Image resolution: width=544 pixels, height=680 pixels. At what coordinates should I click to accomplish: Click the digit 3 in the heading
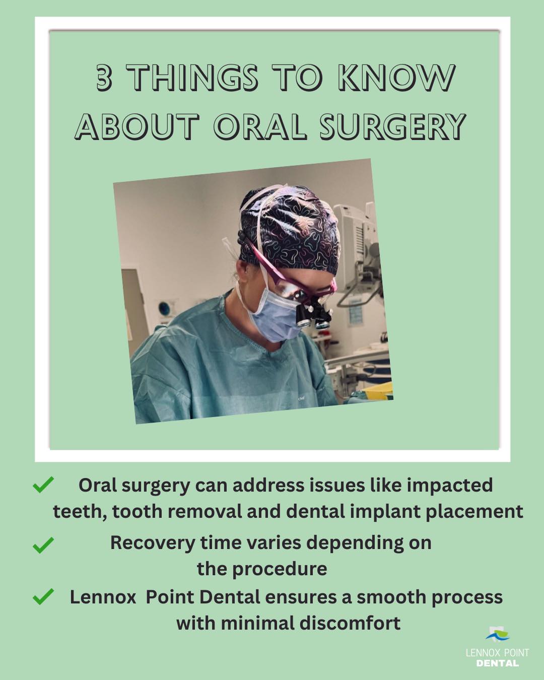104,79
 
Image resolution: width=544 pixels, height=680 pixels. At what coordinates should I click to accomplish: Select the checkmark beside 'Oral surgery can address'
43,485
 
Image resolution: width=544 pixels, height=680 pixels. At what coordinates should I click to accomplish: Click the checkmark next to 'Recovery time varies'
43,545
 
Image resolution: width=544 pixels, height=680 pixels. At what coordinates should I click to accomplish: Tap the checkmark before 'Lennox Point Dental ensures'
43,597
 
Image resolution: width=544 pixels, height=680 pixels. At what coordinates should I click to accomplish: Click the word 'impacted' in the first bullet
449,485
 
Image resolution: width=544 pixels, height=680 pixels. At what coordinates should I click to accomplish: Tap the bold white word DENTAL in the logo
497,663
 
